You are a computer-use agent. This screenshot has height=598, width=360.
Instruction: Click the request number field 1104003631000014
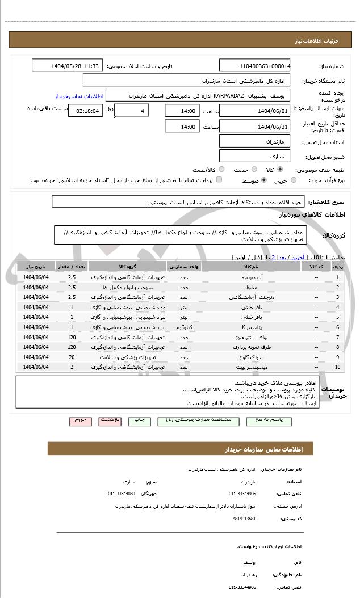(x=255, y=66)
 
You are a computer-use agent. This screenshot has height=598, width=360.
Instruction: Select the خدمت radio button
(x=253, y=169)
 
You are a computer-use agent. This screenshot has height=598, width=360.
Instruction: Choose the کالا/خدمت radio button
(x=221, y=169)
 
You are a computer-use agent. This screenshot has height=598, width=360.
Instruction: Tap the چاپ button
(x=139, y=420)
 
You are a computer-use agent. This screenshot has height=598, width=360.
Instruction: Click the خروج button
(x=80, y=420)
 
